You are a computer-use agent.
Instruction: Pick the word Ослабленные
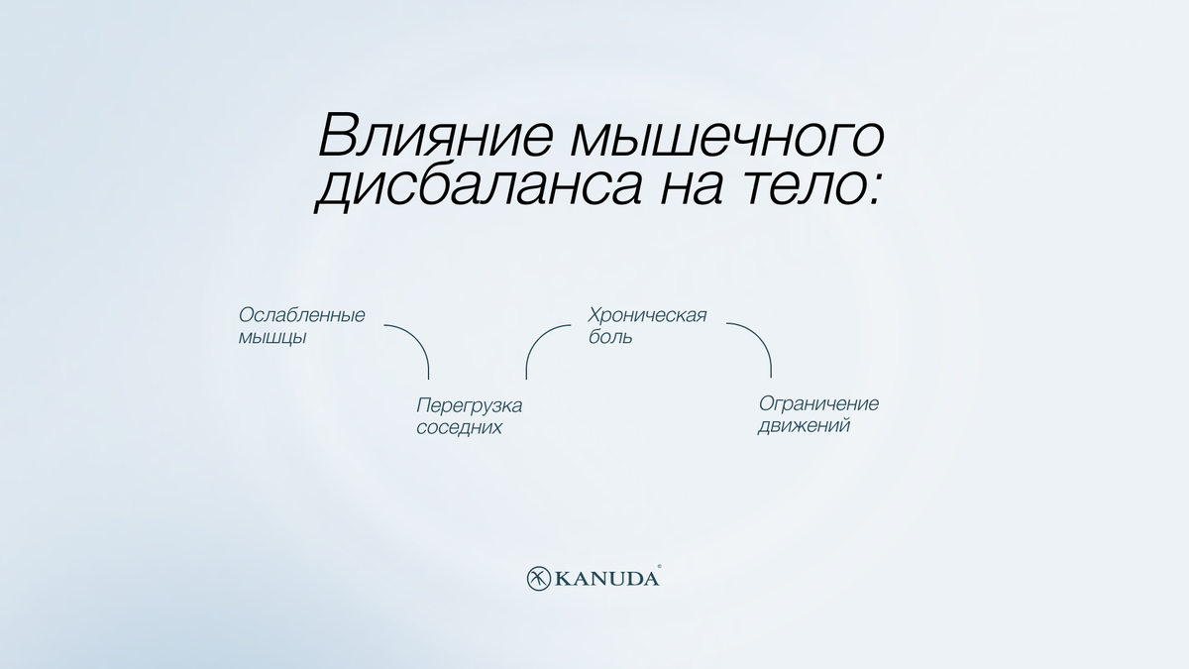click(x=302, y=315)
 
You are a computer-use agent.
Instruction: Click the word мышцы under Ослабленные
click(x=271, y=337)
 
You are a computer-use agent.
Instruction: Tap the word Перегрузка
click(x=469, y=405)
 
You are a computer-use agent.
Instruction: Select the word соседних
click(x=459, y=428)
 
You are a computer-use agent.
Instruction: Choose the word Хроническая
click(x=647, y=315)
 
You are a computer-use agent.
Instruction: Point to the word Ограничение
click(x=818, y=404)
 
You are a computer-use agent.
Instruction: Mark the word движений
click(x=804, y=427)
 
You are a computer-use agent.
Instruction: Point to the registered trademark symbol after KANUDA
click(x=660, y=569)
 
